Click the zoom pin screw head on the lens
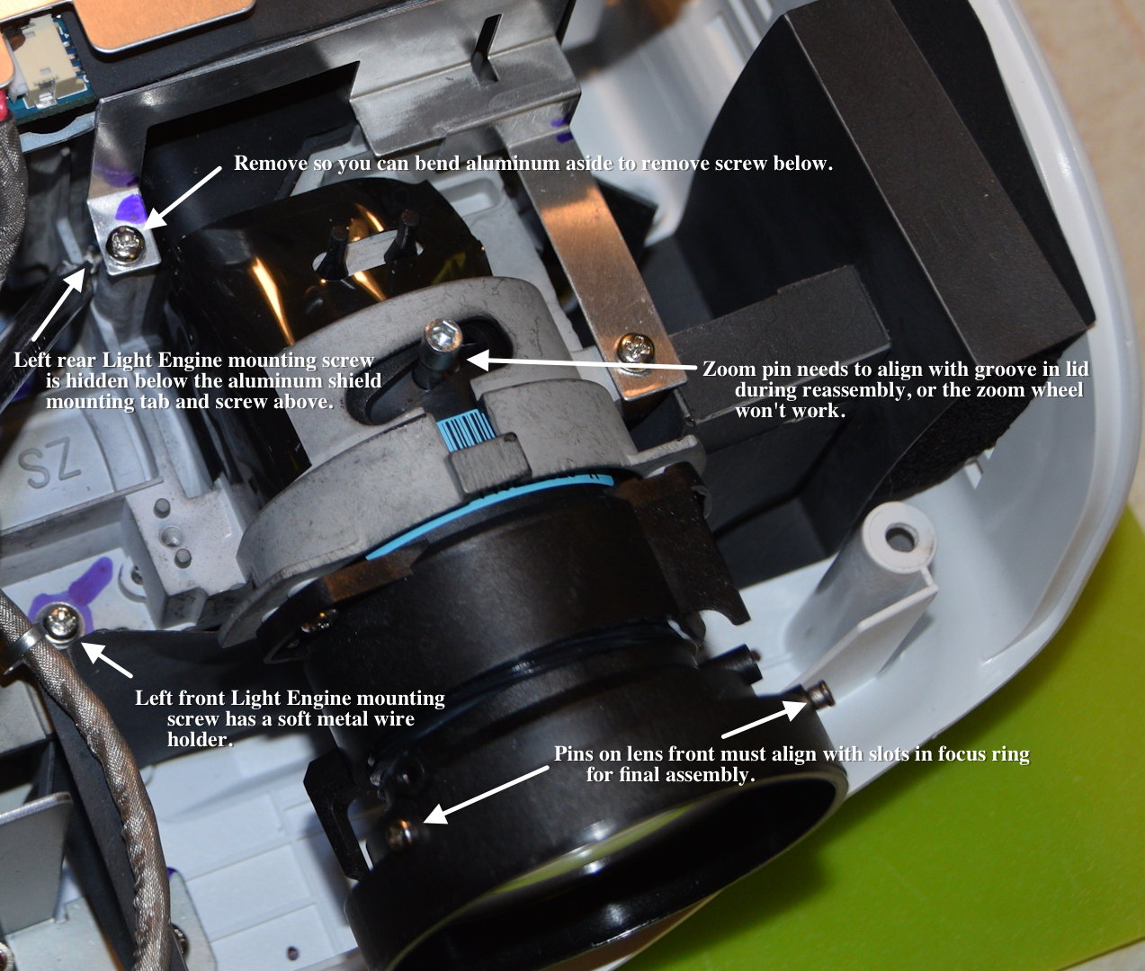tap(442, 334)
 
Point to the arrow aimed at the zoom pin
tap(582, 364)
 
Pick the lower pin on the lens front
tap(400, 833)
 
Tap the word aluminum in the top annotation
tap(510, 164)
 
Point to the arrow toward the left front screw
tap(107, 660)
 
